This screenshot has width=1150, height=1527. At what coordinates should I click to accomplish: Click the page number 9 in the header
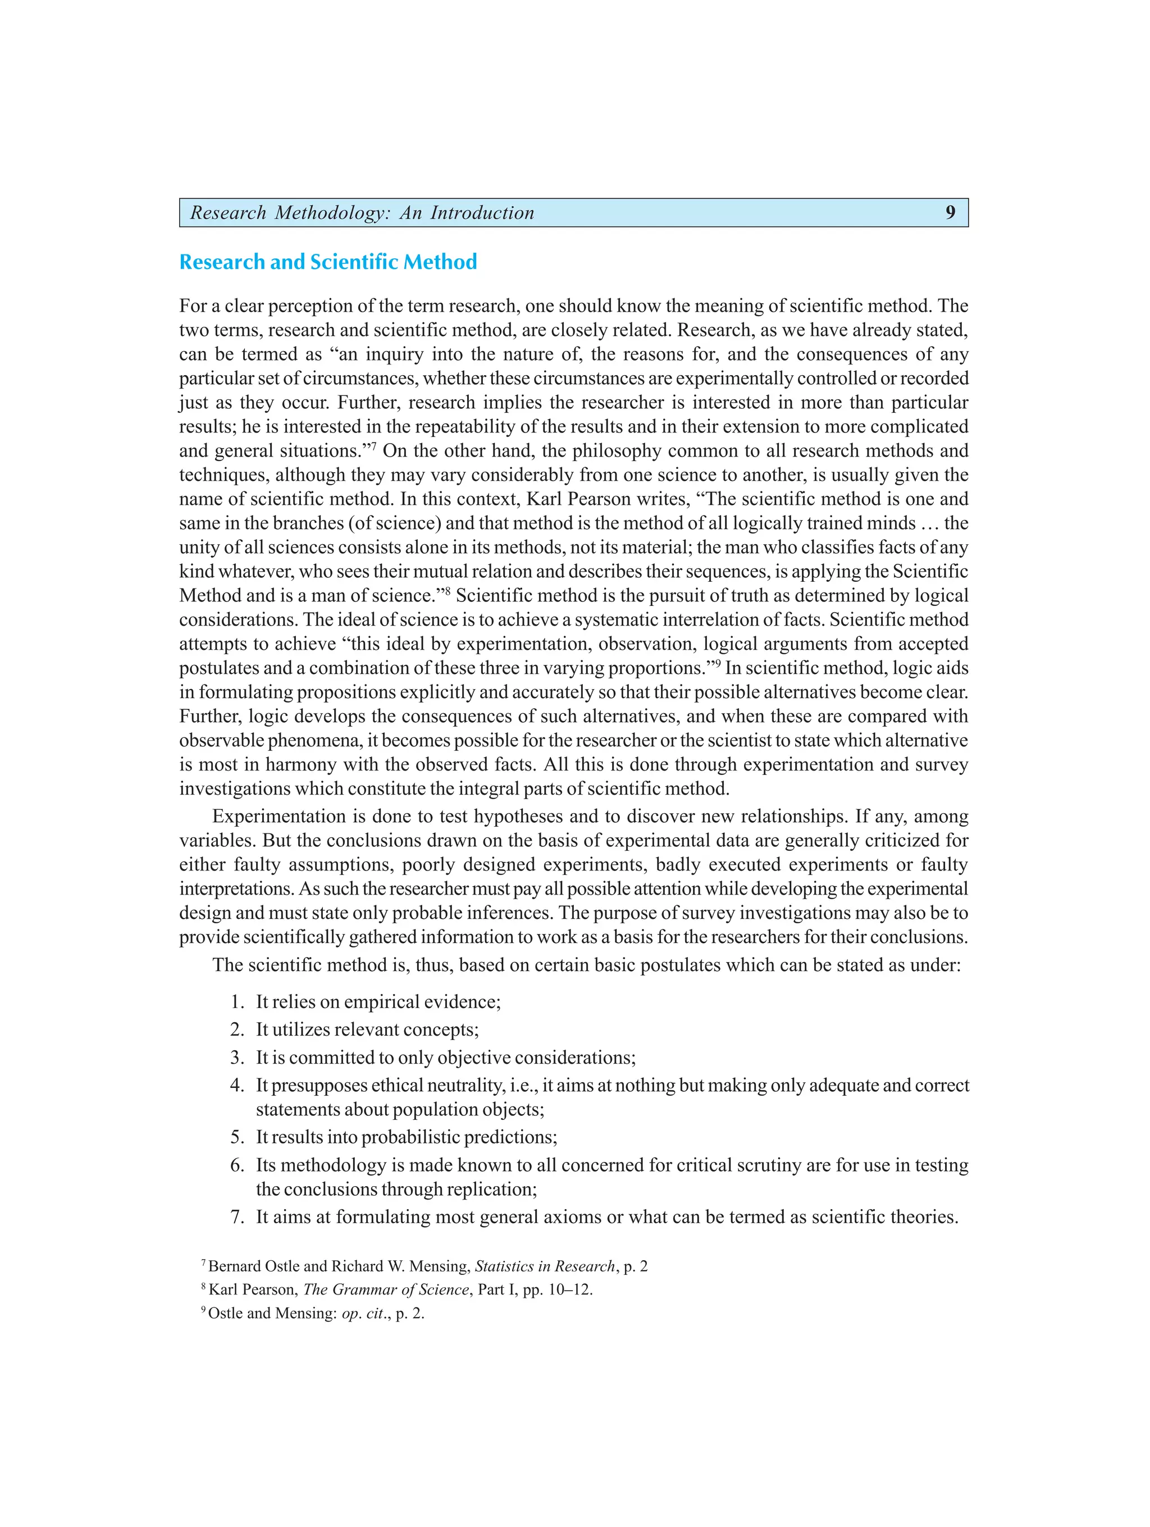950,213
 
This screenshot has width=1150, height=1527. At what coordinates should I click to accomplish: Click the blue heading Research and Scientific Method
328,262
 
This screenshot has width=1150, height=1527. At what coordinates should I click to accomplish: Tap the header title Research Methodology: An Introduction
362,213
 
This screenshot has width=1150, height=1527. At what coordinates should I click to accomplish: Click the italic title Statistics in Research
545,1266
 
